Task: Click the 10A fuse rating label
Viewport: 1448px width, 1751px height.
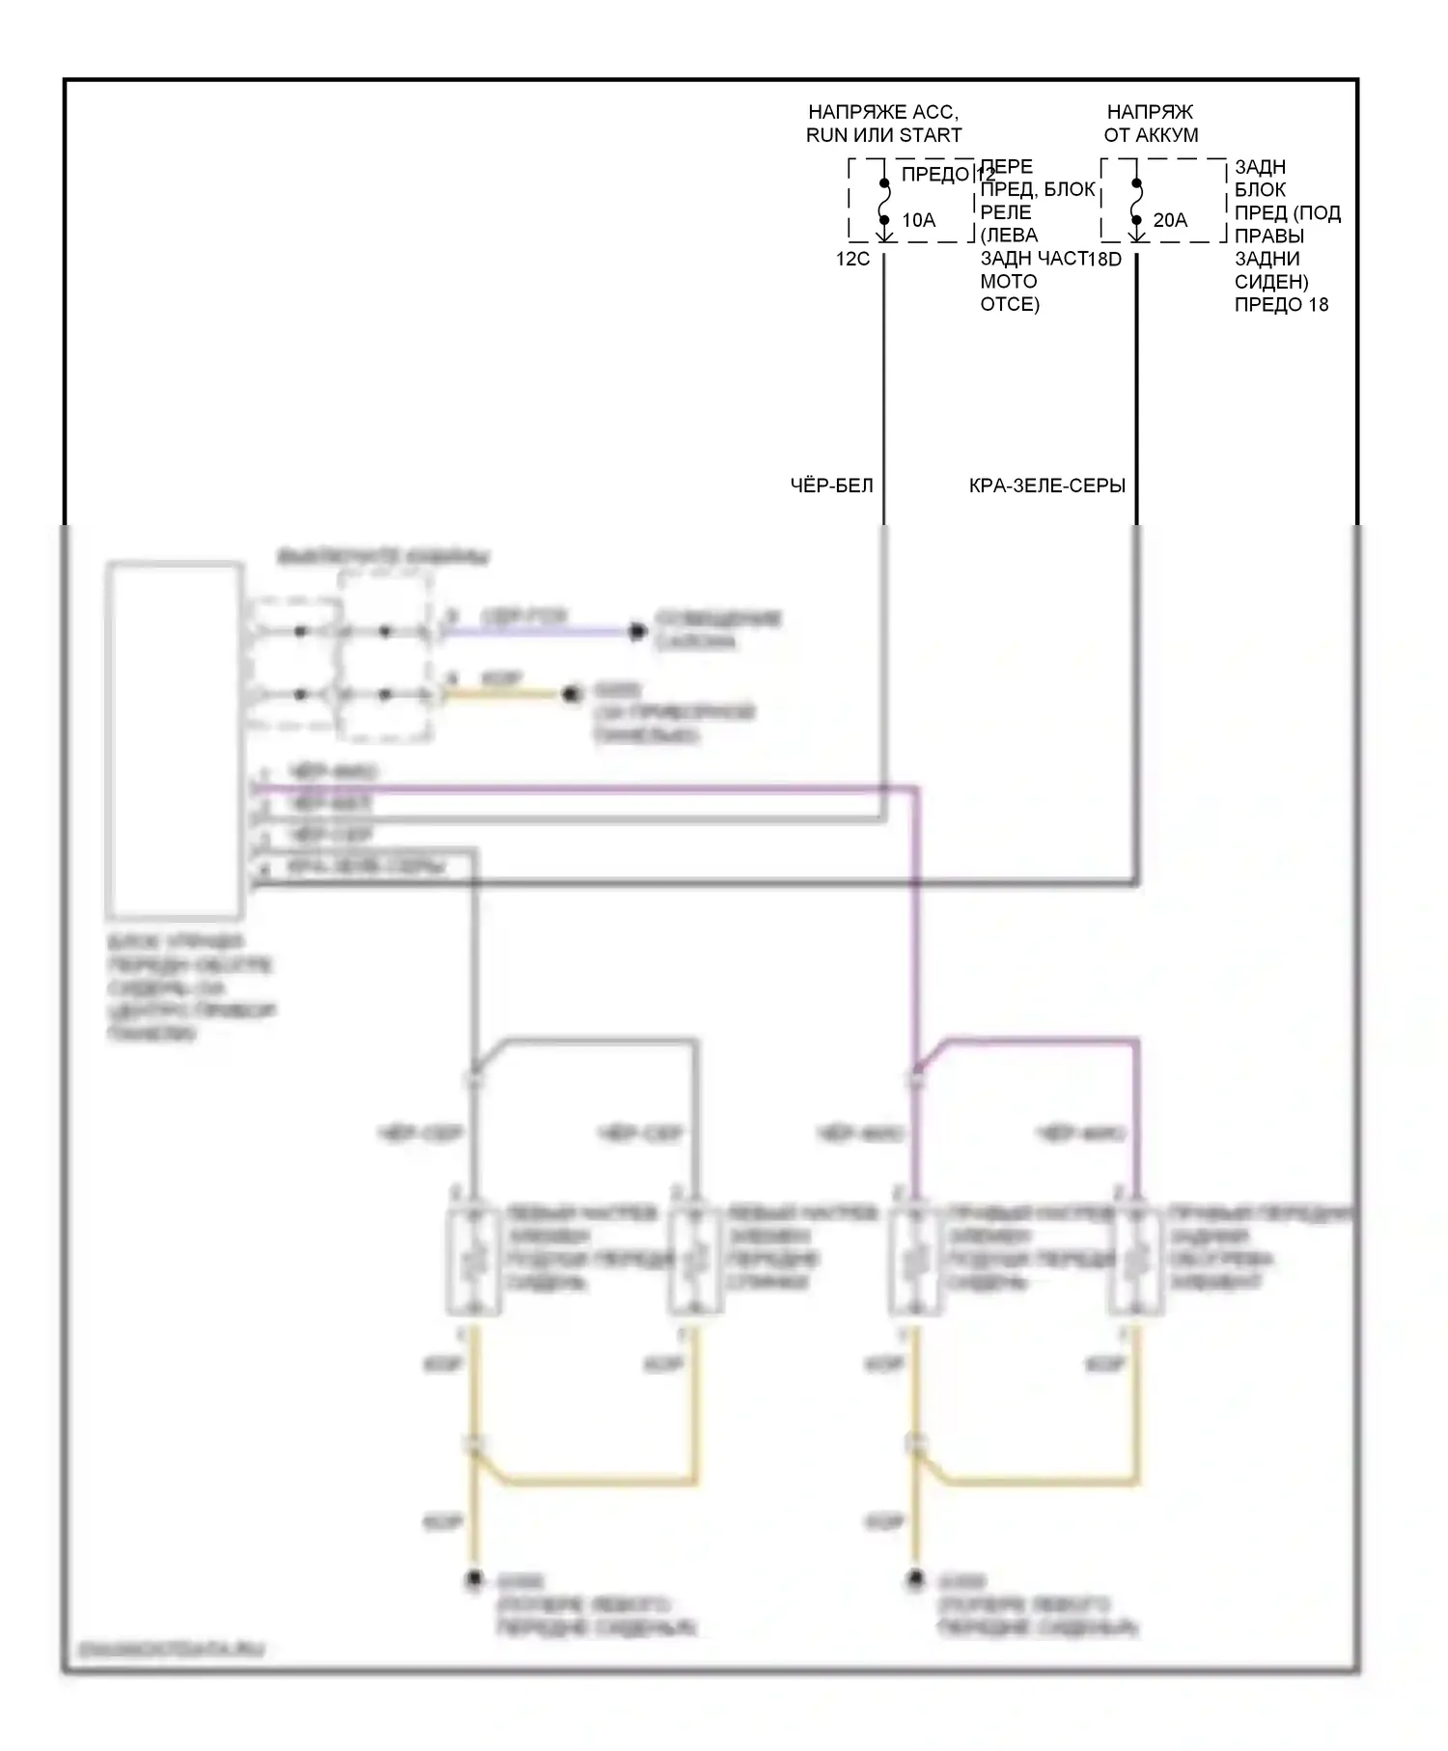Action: [918, 220]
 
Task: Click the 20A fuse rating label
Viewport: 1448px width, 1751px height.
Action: [1170, 220]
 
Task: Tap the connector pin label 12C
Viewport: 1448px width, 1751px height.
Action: [852, 259]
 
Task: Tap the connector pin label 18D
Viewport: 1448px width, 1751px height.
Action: [1104, 259]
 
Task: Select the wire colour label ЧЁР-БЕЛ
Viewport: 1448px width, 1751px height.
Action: [831, 486]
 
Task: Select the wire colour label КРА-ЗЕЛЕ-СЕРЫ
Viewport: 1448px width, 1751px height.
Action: [1047, 486]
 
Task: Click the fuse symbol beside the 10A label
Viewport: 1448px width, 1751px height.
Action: [883, 203]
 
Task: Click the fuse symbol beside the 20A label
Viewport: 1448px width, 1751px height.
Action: [1136, 203]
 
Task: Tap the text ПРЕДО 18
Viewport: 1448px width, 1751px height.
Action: [1281, 305]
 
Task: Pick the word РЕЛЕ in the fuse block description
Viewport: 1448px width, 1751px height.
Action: [1006, 212]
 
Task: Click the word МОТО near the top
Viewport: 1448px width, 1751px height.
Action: [1009, 282]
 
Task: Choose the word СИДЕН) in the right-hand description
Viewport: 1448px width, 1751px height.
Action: [1271, 282]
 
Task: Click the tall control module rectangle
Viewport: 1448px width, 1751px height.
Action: [175, 739]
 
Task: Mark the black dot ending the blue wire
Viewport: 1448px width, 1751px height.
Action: [636, 632]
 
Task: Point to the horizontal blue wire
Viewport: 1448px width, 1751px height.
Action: [536, 632]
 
